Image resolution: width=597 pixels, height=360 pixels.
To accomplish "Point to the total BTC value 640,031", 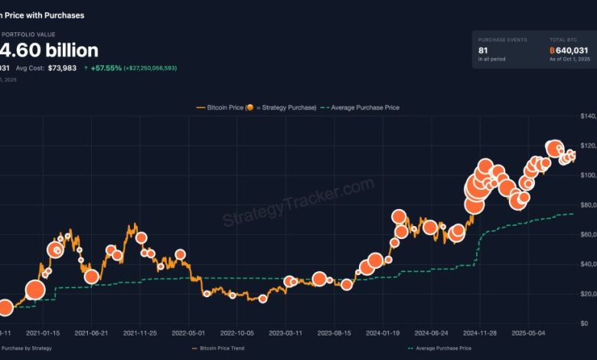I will pos(570,50).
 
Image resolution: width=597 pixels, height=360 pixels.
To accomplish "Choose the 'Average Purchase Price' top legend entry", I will pos(364,107).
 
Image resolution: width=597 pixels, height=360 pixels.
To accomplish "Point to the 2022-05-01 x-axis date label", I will pos(188,333).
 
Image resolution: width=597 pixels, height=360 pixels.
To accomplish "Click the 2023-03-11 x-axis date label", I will pos(285,333).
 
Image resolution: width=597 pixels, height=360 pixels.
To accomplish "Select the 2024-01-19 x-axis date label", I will pos(382,333).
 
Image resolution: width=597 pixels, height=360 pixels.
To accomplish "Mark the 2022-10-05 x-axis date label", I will pos(237,333).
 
